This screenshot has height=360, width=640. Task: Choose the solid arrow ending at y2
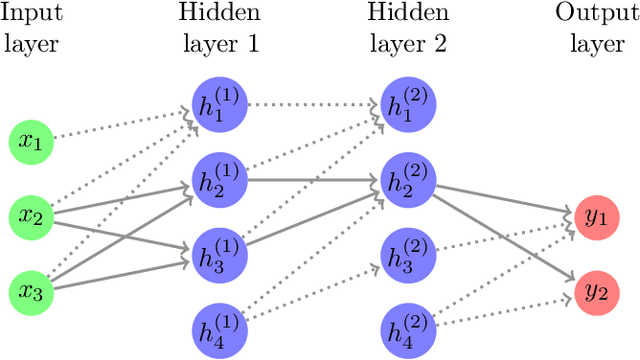tap(505, 236)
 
